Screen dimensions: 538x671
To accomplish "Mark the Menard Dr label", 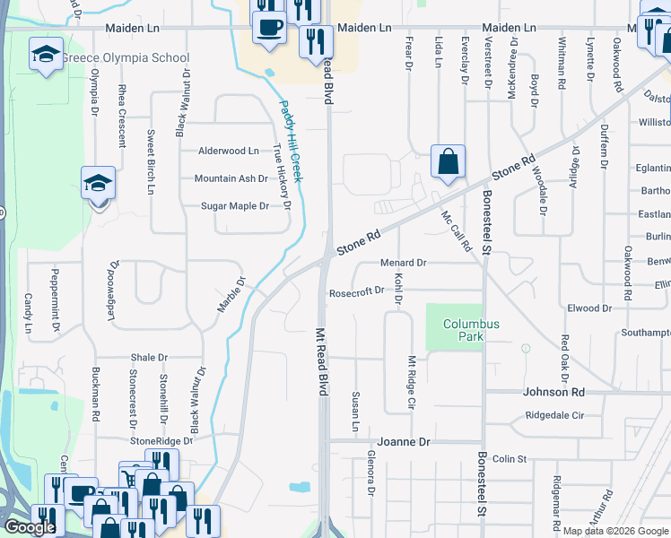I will point(403,263).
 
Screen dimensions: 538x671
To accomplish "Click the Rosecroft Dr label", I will point(356,291).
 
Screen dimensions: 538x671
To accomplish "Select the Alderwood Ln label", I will point(228,151).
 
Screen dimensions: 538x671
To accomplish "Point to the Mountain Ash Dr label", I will point(231,178).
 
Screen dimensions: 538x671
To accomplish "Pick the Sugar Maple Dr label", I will point(234,206).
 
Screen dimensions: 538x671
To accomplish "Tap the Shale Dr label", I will point(149,357).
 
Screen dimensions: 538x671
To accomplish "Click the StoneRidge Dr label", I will point(161,441).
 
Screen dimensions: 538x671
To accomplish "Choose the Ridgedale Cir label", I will point(554,416).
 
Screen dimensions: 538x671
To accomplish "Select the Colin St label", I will point(509,459).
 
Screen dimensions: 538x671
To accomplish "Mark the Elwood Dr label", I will point(589,308).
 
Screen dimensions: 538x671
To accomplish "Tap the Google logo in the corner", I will point(30,527).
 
